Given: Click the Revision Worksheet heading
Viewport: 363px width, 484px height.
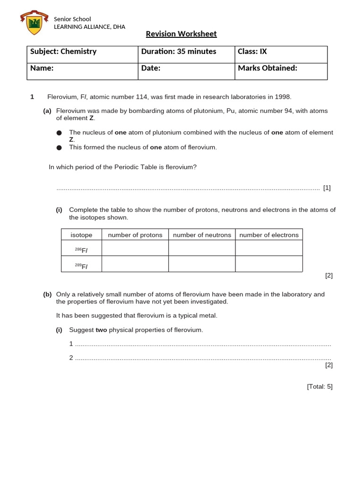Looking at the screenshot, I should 181,34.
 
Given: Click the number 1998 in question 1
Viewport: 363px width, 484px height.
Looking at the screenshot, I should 283,97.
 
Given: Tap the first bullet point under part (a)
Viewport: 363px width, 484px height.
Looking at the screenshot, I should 59,133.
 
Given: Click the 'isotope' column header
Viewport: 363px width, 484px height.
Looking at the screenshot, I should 81,235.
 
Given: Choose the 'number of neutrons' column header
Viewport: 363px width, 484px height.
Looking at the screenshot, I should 202,235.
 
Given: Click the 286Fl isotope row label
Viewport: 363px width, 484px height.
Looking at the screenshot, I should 81,250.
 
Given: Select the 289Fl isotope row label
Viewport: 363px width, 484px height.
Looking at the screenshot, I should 81,266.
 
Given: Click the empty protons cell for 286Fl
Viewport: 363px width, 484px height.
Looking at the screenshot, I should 135,248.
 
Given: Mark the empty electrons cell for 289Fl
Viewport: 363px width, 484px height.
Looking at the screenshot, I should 269,264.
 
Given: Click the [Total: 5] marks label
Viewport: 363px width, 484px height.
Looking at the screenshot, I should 320,386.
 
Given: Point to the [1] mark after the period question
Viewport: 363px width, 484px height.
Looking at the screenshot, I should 327,188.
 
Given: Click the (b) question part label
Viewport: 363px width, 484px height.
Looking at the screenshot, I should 47,294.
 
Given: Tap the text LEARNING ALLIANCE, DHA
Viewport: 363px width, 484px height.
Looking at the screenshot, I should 89,27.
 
